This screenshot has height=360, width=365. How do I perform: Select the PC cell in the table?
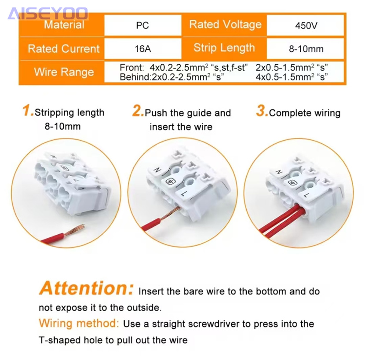point(142,25)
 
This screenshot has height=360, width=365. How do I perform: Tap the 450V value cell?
point(306,25)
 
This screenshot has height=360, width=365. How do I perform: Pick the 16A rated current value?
point(142,49)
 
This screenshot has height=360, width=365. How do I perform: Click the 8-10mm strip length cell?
point(306,49)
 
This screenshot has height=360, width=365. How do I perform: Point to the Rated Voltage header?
point(225,25)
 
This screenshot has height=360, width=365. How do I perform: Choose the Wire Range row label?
point(64,72)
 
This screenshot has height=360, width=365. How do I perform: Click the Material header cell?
point(64,25)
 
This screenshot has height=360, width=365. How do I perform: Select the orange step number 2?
point(138,110)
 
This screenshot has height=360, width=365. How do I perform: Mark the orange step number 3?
point(262,110)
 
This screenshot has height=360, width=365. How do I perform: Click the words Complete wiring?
point(304,113)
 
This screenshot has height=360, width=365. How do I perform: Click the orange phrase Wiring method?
point(79,323)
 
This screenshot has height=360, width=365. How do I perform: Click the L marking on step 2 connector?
point(184,193)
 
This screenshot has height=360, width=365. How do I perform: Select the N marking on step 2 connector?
point(157,170)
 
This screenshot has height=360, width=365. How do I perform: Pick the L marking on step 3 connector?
point(307,195)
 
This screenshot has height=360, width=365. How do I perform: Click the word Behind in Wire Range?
point(135,77)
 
